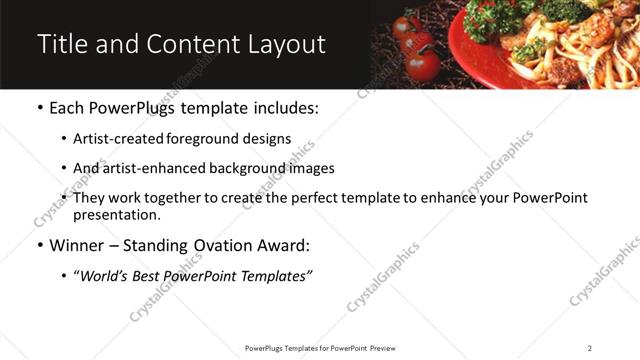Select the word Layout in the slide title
[286, 44]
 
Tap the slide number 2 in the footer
[589, 348]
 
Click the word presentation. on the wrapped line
[116, 214]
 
